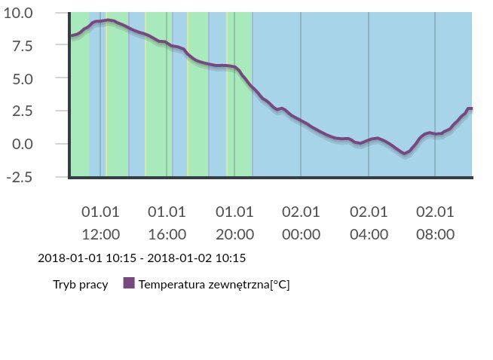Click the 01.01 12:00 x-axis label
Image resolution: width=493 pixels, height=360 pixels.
[100, 223]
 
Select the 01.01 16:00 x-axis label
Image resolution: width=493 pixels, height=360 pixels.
[167, 223]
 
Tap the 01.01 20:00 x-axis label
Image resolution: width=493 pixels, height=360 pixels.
[234, 223]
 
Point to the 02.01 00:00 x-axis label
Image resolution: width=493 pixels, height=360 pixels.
[301, 223]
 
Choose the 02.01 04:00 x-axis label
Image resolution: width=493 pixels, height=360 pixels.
[369, 223]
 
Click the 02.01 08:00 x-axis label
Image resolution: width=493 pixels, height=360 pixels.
[435, 223]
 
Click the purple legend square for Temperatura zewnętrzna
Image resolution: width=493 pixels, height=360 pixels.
[128, 284]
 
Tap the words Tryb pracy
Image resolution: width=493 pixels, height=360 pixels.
[80, 285]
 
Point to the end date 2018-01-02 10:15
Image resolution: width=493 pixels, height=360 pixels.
[197, 258]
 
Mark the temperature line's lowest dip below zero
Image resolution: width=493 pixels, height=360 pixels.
[405, 153]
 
